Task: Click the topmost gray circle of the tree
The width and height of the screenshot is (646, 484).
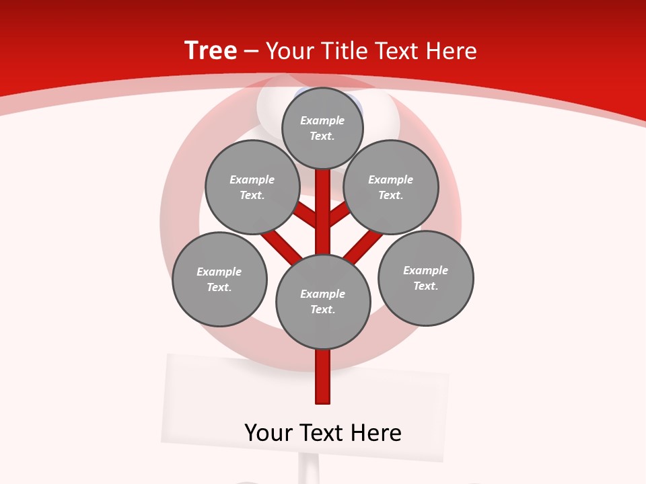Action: (322, 128)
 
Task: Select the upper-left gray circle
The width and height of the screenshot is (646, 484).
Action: (252, 187)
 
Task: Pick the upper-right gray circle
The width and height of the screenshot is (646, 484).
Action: (391, 187)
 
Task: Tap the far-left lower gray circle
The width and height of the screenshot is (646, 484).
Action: (219, 279)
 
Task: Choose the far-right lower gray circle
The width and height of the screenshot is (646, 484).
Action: (425, 278)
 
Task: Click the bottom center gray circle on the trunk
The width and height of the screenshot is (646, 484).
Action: (323, 302)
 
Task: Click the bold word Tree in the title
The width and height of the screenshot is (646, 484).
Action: (211, 50)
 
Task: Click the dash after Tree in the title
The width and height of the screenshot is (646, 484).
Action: (251, 51)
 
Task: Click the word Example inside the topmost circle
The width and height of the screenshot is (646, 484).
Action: (322, 120)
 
